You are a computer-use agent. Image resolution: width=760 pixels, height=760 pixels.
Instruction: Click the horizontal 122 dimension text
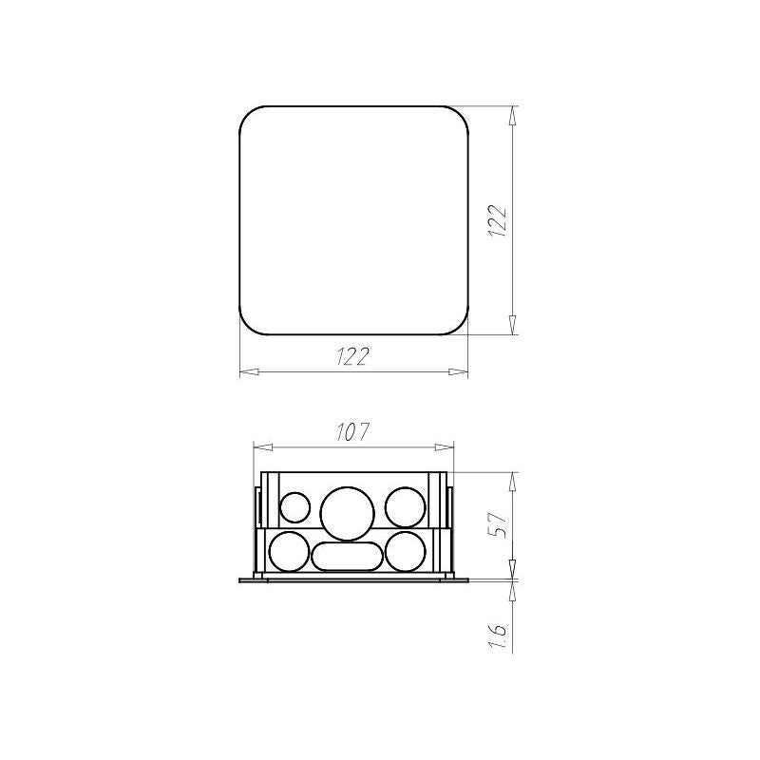click(x=352, y=356)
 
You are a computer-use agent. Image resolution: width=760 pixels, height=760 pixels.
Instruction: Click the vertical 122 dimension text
click(x=497, y=220)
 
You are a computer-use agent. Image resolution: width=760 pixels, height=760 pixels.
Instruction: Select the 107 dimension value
click(x=352, y=432)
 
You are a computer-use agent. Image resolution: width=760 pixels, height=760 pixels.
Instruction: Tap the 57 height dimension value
click(x=498, y=523)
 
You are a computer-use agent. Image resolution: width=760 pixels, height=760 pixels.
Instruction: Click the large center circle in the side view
click(x=348, y=513)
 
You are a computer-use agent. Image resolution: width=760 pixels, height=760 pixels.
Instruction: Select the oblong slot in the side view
click(x=347, y=557)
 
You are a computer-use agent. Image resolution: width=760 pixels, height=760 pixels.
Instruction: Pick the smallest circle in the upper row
click(x=295, y=507)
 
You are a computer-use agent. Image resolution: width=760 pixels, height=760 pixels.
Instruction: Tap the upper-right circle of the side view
click(x=406, y=507)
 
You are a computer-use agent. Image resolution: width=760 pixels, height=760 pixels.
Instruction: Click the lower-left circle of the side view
click(x=289, y=551)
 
